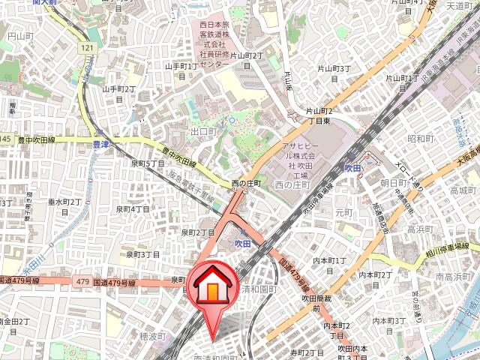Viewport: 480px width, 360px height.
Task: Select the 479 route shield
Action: tap(83, 281)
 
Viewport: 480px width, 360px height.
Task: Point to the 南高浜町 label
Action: tap(453, 277)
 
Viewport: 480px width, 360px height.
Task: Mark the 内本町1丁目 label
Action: tap(330, 265)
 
